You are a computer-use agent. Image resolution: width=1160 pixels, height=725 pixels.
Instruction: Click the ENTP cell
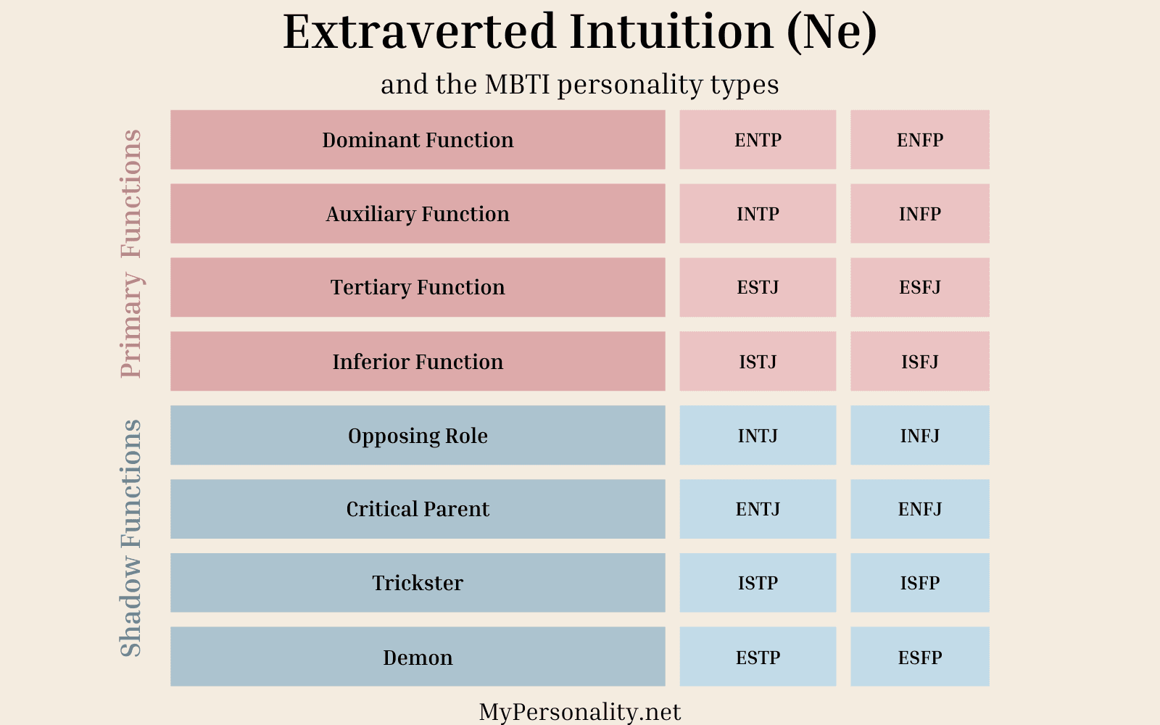(x=758, y=140)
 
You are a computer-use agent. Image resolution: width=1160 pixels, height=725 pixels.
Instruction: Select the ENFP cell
(x=919, y=140)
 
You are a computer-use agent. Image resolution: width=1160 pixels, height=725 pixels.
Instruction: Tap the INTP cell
(x=758, y=214)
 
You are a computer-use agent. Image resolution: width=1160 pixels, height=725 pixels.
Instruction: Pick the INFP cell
(x=919, y=214)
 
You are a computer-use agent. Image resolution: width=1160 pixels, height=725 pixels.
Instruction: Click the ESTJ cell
(x=758, y=287)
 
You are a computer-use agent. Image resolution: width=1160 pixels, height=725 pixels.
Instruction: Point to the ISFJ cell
(x=919, y=361)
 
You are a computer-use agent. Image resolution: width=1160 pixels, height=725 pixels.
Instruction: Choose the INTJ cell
(x=758, y=435)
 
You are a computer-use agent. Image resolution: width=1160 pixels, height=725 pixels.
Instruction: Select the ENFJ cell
(x=919, y=509)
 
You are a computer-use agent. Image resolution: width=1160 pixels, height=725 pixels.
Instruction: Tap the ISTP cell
(x=758, y=583)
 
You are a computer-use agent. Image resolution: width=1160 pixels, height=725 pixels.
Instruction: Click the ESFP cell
(x=919, y=657)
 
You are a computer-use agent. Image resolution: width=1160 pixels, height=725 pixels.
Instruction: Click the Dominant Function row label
(x=418, y=140)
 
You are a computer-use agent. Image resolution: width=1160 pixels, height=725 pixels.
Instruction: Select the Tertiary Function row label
(x=418, y=287)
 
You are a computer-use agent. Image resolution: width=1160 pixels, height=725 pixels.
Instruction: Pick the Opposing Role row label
(x=418, y=435)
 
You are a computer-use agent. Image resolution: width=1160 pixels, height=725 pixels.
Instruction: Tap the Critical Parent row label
(x=418, y=509)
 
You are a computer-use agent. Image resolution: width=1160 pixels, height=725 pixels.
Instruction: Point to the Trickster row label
(x=418, y=583)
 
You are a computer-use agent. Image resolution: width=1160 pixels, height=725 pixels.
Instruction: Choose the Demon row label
(x=418, y=657)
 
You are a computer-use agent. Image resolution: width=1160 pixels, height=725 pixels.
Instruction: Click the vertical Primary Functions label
(x=131, y=253)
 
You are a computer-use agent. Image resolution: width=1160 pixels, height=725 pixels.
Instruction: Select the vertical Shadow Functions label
(x=131, y=538)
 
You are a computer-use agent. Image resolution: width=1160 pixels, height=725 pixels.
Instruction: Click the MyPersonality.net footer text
(x=580, y=712)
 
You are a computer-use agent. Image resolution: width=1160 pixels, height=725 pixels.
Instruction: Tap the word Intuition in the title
(x=671, y=32)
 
